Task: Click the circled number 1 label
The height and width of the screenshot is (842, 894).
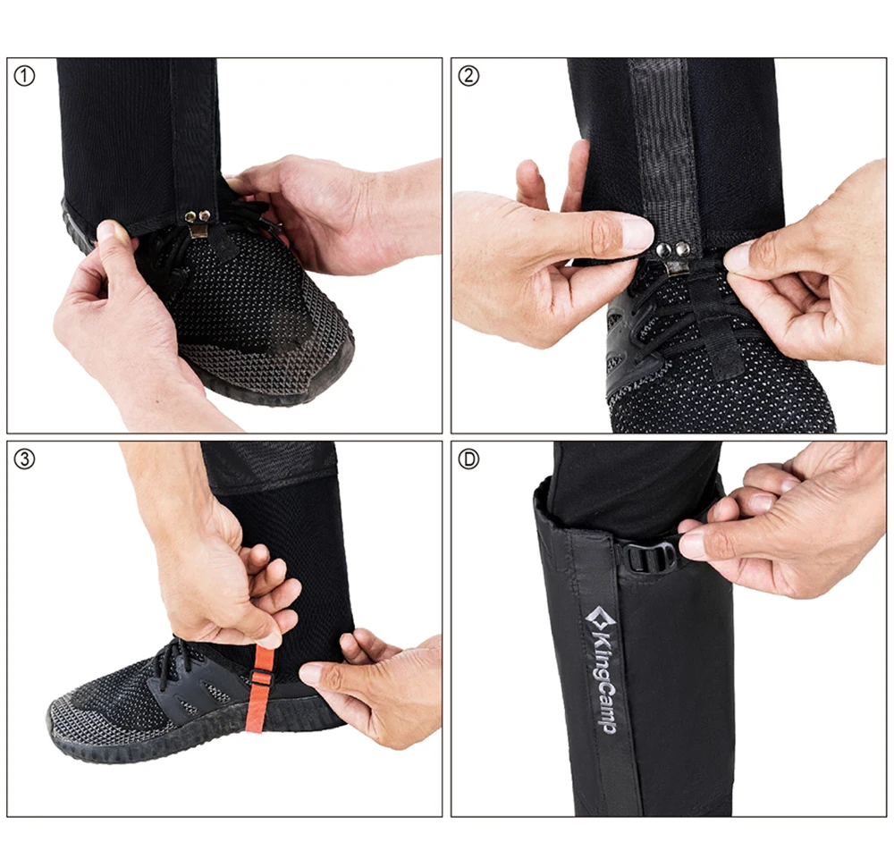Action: click(x=24, y=76)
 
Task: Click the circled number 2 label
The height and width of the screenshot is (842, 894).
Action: click(x=468, y=76)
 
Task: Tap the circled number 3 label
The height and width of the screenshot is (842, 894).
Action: click(x=24, y=459)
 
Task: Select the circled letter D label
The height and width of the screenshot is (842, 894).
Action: click(x=468, y=459)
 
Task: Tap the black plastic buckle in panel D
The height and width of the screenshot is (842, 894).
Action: click(x=646, y=558)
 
